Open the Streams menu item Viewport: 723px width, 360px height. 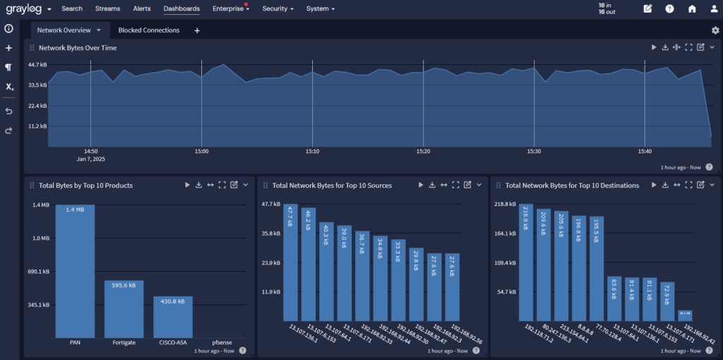[x=107, y=9]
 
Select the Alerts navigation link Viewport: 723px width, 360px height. [x=142, y=9]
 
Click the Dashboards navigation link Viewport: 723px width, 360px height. [x=181, y=9]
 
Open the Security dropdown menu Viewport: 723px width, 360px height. [x=278, y=9]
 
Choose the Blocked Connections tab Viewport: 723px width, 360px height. [x=148, y=30]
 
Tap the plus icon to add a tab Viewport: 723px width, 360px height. [x=197, y=30]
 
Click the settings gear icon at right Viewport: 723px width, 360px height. [x=715, y=30]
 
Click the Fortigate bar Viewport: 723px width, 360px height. [x=124, y=308]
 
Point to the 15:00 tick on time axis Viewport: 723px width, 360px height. [x=201, y=151]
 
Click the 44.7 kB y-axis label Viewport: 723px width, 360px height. [x=37, y=65]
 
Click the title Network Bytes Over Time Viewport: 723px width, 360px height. [x=78, y=48]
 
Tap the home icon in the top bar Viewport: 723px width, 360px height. [x=692, y=9]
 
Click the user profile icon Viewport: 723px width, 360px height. [x=714, y=9]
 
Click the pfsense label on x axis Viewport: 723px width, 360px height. [x=222, y=342]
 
